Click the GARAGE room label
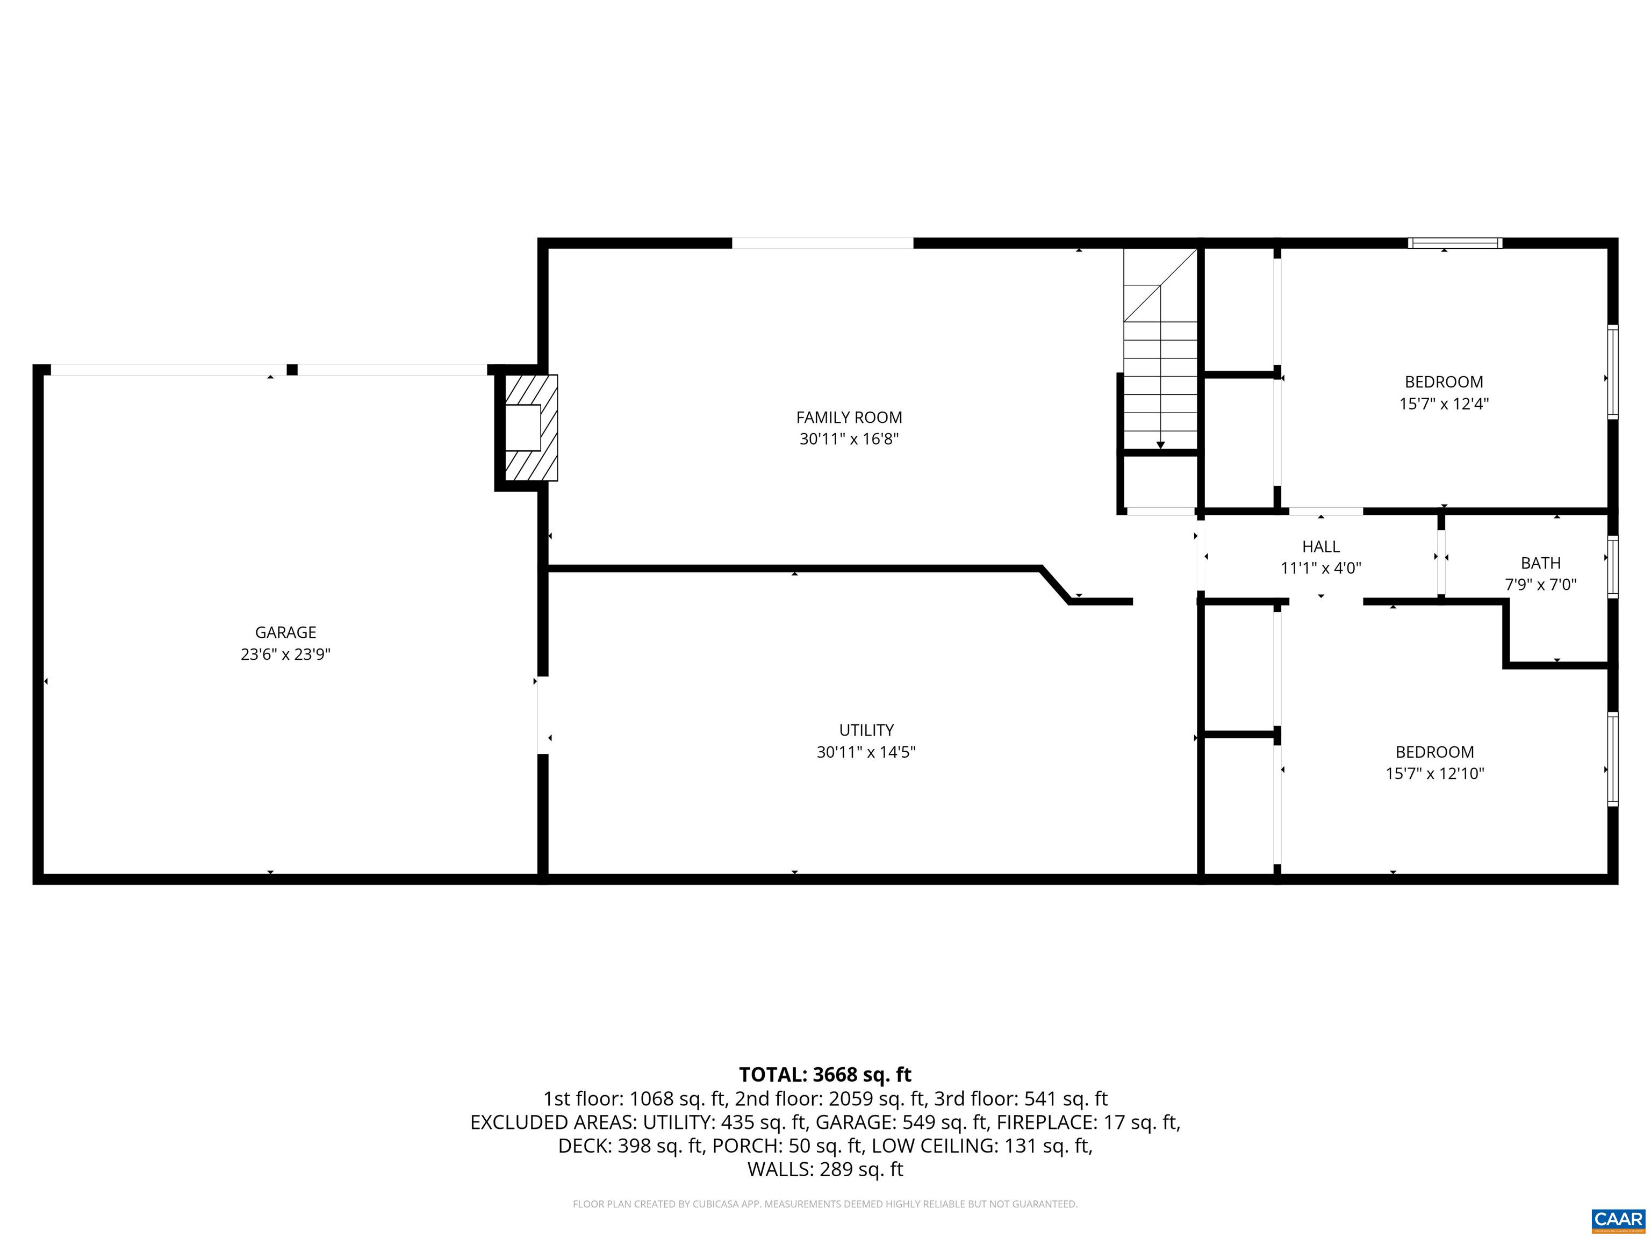(x=285, y=632)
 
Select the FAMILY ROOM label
(x=849, y=417)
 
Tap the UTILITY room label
(x=866, y=730)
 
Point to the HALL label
(x=1320, y=546)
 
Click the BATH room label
(x=1540, y=563)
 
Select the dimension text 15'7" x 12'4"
(x=1444, y=404)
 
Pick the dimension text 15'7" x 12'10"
(x=1434, y=773)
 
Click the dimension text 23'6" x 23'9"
(x=285, y=654)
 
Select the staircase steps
(x=1161, y=373)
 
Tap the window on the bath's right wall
(x=1612, y=566)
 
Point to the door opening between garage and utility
(x=543, y=715)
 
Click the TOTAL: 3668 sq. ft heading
(x=825, y=1075)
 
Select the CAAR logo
(x=1618, y=1219)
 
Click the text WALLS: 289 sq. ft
(x=825, y=1169)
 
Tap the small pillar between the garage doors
(x=292, y=369)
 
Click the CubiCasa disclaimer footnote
(x=825, y=1204)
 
